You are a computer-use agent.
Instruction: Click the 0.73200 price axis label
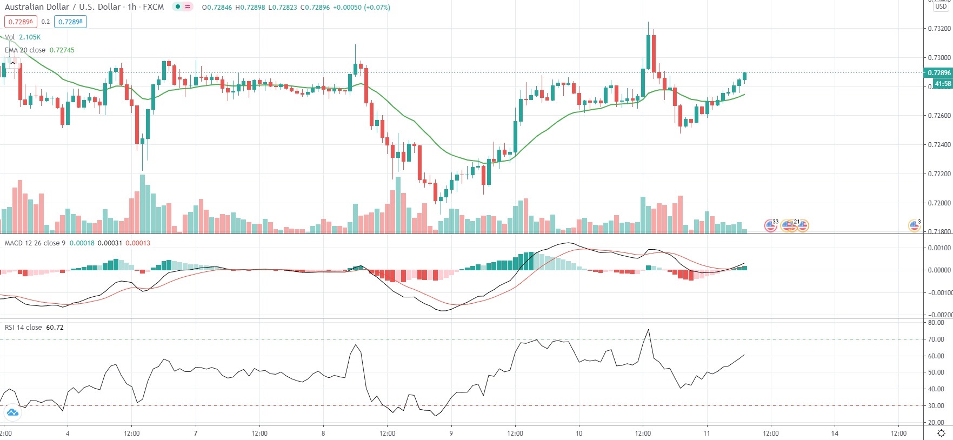(x=939, y=29)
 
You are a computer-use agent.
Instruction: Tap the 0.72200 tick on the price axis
(x=939, y=174)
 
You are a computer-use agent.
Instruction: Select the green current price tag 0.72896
(x=938, y=73)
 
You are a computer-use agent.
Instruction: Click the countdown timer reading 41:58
(x=943, y=84)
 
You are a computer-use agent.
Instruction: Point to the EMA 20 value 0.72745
(x=62, y=50)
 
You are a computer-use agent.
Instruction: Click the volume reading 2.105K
(x=30, y=37)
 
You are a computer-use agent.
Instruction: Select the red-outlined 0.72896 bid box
(x=21, y=22)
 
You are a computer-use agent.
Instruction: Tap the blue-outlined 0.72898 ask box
(x=70, y=22)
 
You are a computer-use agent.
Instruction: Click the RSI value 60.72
(x=55, y=328)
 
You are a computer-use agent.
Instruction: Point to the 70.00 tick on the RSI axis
(x=936, y=339)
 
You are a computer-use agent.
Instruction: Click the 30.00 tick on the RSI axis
(x=936, y=406)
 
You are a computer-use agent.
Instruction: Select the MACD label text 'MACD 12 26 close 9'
(x=35, y=243)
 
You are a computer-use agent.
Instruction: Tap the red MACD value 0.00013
(x=138, y=243)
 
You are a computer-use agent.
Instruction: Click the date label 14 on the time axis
(x=835, y=433)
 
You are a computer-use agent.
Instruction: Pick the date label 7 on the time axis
(x=196, y=433)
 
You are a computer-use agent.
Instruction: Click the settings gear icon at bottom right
(x=941, y=433)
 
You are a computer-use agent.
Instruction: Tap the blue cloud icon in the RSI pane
(x=12, y=413)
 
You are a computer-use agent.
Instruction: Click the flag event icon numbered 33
(x=771, y=225)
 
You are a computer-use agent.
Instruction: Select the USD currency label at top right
(x=941, y=6)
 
